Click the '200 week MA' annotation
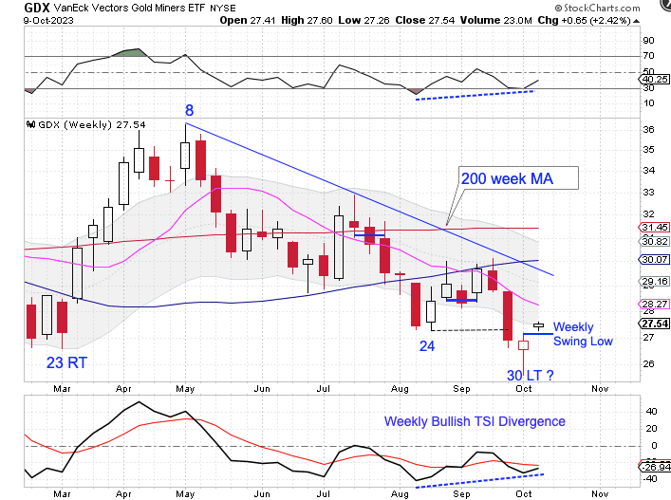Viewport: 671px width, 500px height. (x=507, y=177)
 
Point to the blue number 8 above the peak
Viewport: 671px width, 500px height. (x=190, y=110)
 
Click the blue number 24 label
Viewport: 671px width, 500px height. (x=427, y=347)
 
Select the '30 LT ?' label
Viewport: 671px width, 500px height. (x=530, y=376)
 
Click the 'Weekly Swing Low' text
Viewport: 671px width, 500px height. (x=583, y=334)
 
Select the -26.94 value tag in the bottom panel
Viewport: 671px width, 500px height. (x=657, y=467)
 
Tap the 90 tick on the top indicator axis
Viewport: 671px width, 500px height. (x=648, y=41)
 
